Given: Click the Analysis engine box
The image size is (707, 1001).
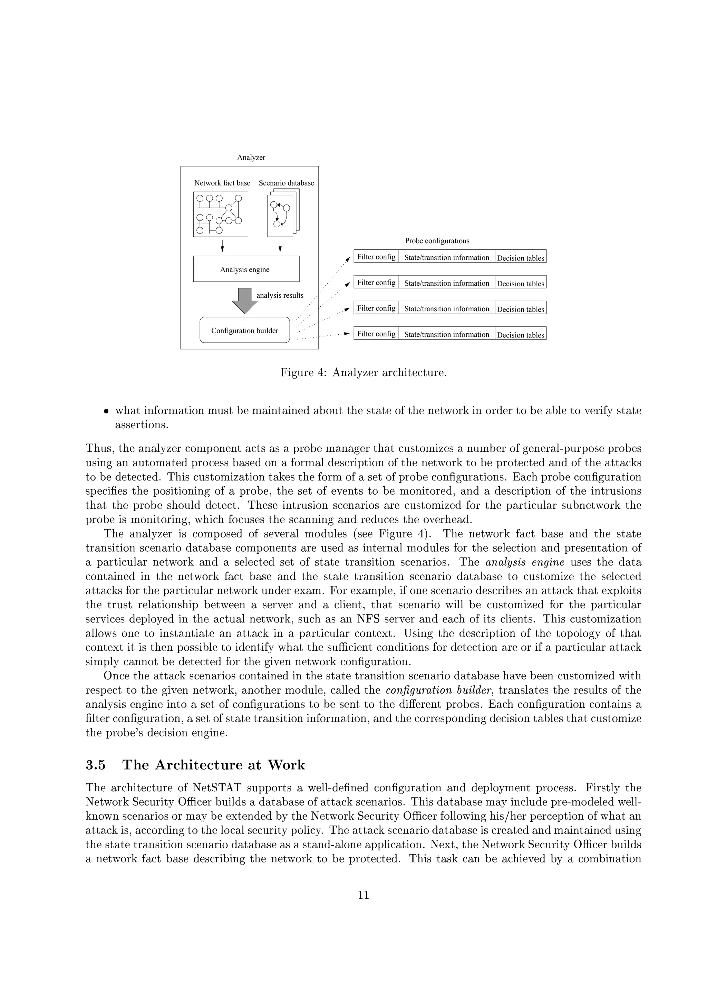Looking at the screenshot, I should [246, 269].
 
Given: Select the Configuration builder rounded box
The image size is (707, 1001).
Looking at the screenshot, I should [244, 330].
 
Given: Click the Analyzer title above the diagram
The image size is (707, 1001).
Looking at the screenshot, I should [251, 158].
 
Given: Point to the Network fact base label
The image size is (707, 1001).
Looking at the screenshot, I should [222, 183].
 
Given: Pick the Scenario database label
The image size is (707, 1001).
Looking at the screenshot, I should [286, 183].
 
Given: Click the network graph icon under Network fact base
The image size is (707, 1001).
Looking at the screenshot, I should [221, 214].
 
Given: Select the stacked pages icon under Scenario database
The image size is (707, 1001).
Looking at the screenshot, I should [282, 213].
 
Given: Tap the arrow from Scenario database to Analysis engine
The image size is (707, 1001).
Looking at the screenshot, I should [280, 246].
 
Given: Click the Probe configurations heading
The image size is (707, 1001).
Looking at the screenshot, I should [437, 241].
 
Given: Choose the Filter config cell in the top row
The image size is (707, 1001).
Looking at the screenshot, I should [376, 257].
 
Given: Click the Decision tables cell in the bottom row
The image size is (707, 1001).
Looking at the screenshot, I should [521, 335].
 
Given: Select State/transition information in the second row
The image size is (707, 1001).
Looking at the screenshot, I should [446, 283].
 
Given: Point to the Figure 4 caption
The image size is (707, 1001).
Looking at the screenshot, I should [363, 373].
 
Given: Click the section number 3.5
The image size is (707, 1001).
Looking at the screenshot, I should [95, 765].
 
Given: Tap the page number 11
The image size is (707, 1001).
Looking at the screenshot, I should [363, 895].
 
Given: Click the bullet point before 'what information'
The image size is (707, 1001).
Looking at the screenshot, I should [106, 411].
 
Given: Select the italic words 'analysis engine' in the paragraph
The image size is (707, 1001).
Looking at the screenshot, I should [524, 562].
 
